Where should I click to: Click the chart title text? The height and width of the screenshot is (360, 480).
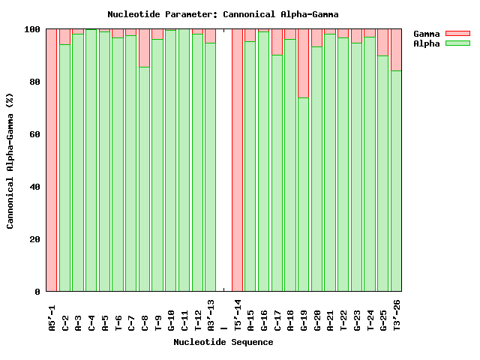(x=223, y=14)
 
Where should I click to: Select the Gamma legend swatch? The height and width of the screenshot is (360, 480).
(x=457, y=34)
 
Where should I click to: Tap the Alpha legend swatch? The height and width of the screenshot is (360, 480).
(x=457, y=43)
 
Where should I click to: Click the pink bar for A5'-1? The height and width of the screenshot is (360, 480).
(x=52, y=160)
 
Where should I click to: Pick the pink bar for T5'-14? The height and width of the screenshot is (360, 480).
(x=237, y=160)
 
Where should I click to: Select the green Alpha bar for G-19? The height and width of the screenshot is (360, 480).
(x=304, y=194)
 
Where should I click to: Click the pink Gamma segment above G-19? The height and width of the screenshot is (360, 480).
(x=304, y=63)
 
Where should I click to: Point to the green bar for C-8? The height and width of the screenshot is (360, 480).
(x=144, y=178)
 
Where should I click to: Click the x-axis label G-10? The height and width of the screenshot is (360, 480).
(x=171, y=319)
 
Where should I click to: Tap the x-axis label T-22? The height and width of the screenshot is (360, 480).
(x=343, y=319)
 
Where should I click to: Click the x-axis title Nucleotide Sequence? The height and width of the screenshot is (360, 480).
(x=223, y=343)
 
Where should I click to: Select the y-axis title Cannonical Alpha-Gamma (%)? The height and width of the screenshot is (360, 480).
(x=10, y=160)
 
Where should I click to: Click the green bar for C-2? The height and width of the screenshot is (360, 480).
(x=65, y=167)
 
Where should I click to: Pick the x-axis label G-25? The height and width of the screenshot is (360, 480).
(x=383, y=319)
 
